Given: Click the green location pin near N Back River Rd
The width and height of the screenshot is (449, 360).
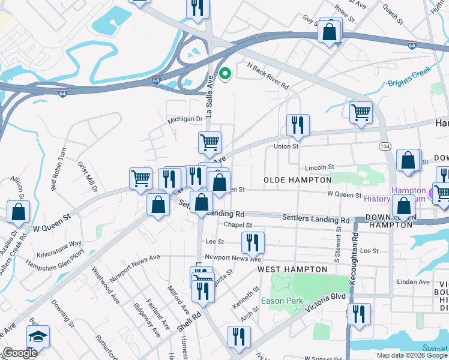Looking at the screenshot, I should [225, 74].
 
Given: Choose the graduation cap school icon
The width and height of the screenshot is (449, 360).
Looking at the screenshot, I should [38, 337].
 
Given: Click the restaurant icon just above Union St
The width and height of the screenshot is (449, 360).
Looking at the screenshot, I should [298, 125].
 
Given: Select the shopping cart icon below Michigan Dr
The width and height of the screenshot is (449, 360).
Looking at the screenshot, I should [209, 143].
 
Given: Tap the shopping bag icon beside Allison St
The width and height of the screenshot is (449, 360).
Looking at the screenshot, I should [19, 211].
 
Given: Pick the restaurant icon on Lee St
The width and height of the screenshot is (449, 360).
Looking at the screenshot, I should [253, 242].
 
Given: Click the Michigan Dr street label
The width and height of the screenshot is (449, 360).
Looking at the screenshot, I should [185, 119].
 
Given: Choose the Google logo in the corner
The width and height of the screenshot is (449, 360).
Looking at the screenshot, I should [20, 353].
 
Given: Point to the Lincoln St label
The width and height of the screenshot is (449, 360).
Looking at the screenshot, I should [318, 167].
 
